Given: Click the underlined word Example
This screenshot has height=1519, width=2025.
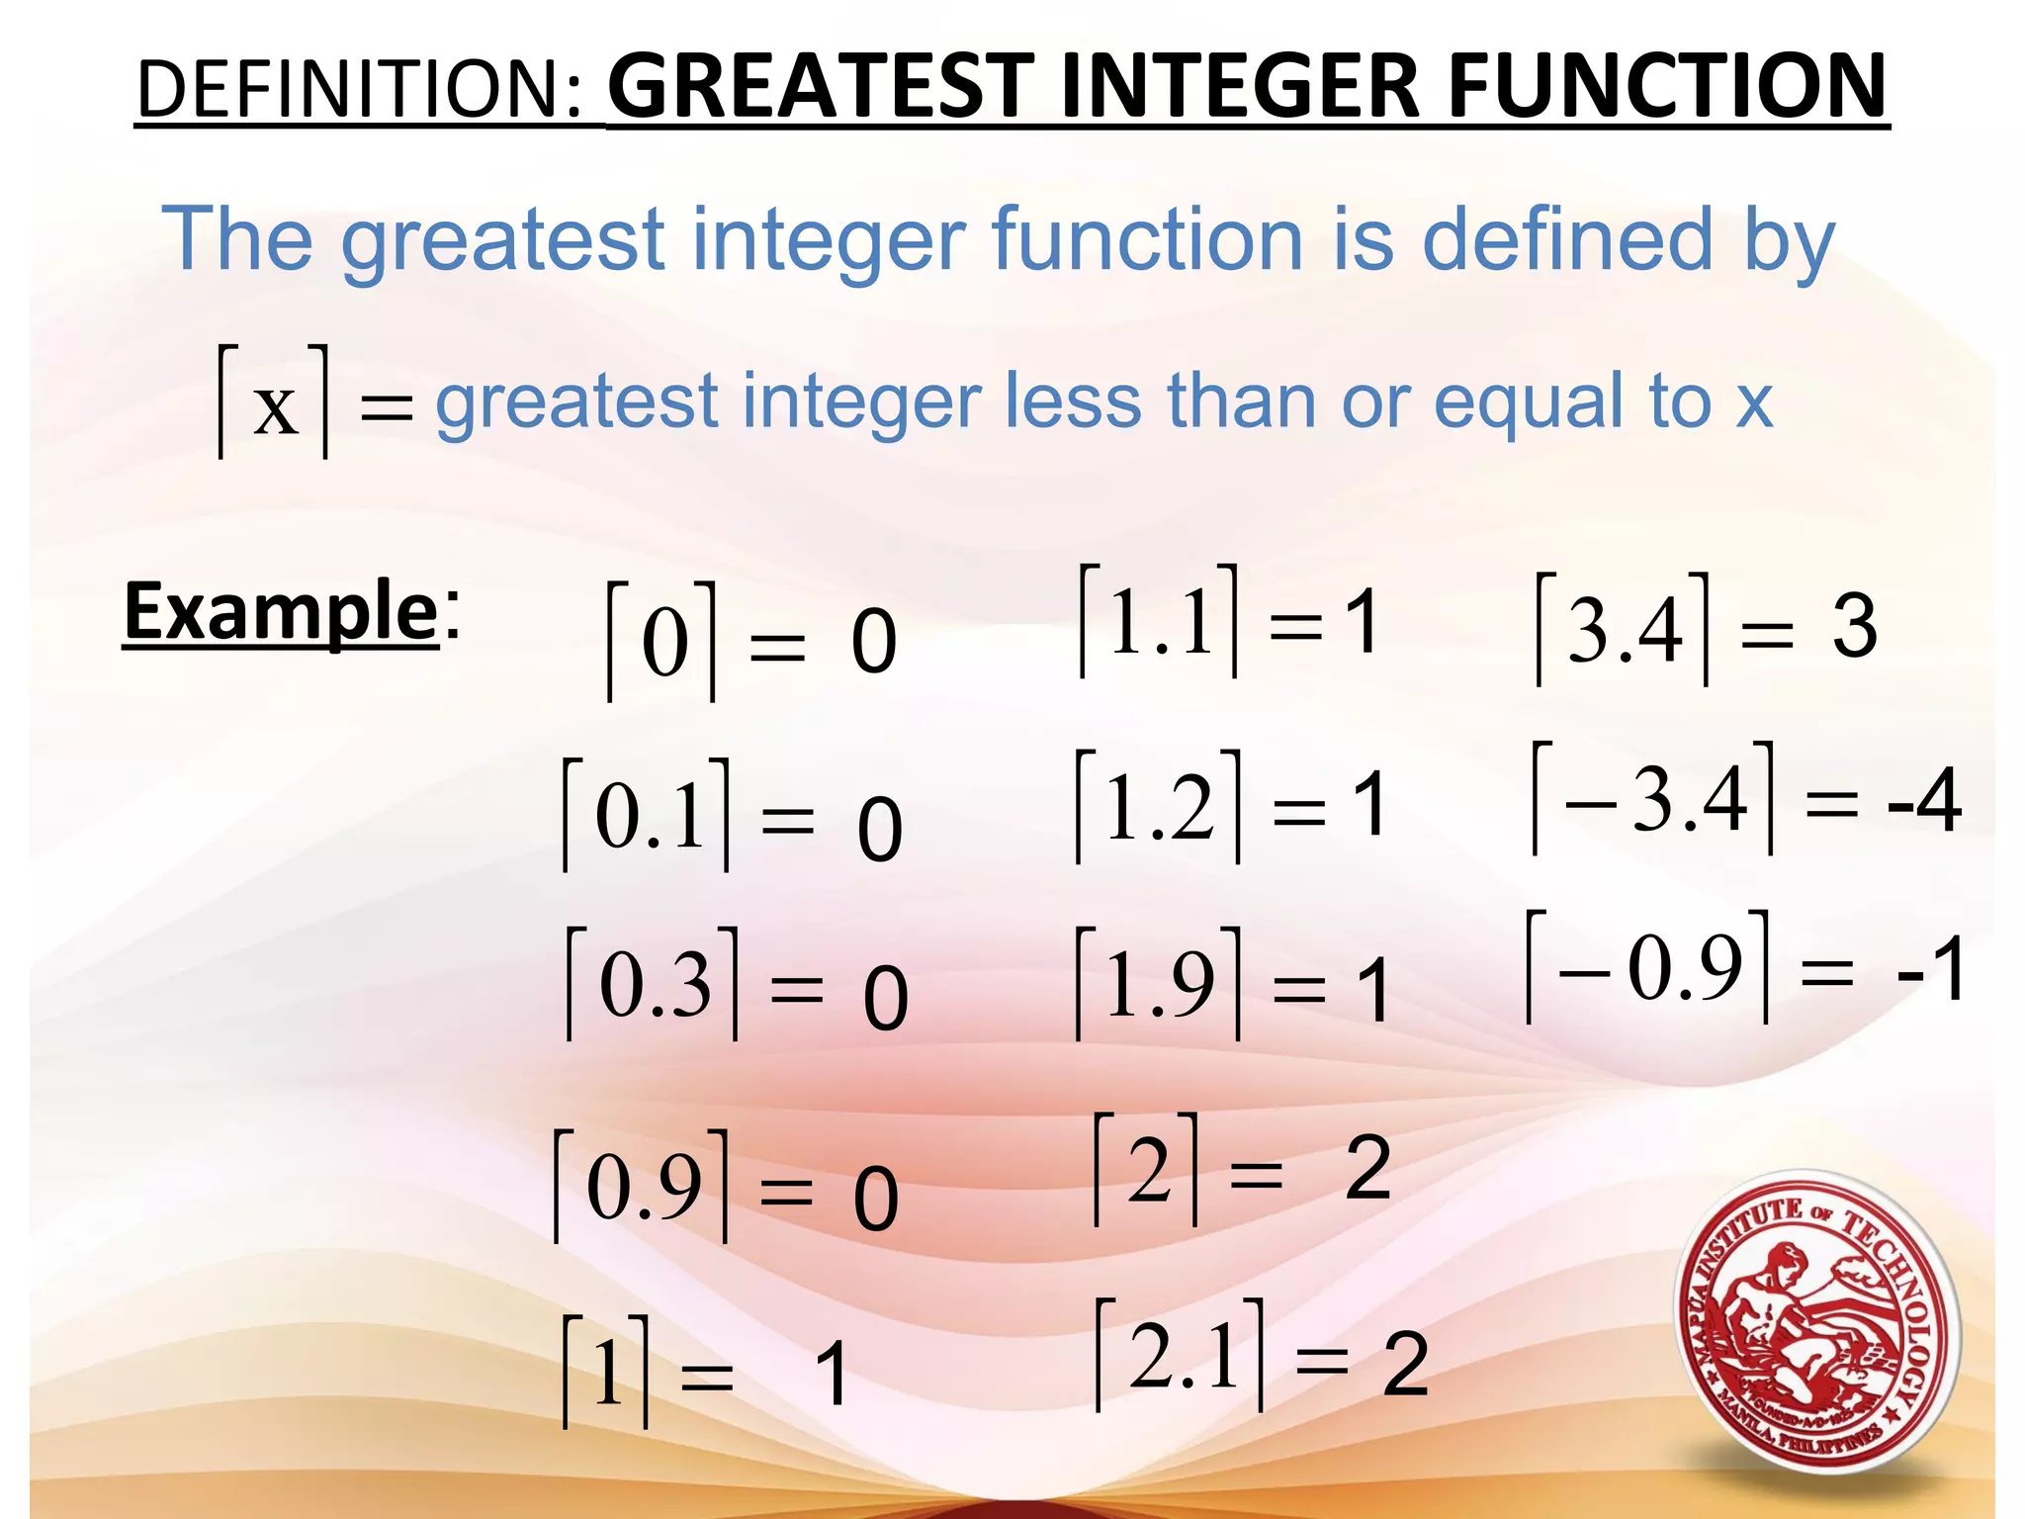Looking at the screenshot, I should point(280,612).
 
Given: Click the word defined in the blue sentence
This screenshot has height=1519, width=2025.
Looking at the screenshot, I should point(1566,239).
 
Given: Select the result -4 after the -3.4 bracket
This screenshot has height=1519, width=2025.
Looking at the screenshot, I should point(1923,801).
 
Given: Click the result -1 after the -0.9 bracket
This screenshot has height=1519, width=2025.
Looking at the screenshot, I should point(1930,970).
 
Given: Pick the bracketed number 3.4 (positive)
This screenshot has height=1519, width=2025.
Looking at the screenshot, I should point(1623,629).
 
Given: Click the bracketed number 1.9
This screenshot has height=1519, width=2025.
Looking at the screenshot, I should point(1158,984).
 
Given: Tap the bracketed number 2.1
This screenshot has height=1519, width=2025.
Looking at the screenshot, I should point(1181,1355).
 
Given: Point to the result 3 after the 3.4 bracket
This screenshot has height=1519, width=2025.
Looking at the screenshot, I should point(1854,627).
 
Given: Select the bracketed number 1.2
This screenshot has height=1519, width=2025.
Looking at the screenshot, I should point(1158,807).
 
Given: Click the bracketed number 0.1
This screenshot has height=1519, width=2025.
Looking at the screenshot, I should point(648,815).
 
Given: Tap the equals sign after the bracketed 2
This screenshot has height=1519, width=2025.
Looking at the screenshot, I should point(1256,1176).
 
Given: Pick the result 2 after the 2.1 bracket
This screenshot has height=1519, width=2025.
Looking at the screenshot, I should point(1405,1365).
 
